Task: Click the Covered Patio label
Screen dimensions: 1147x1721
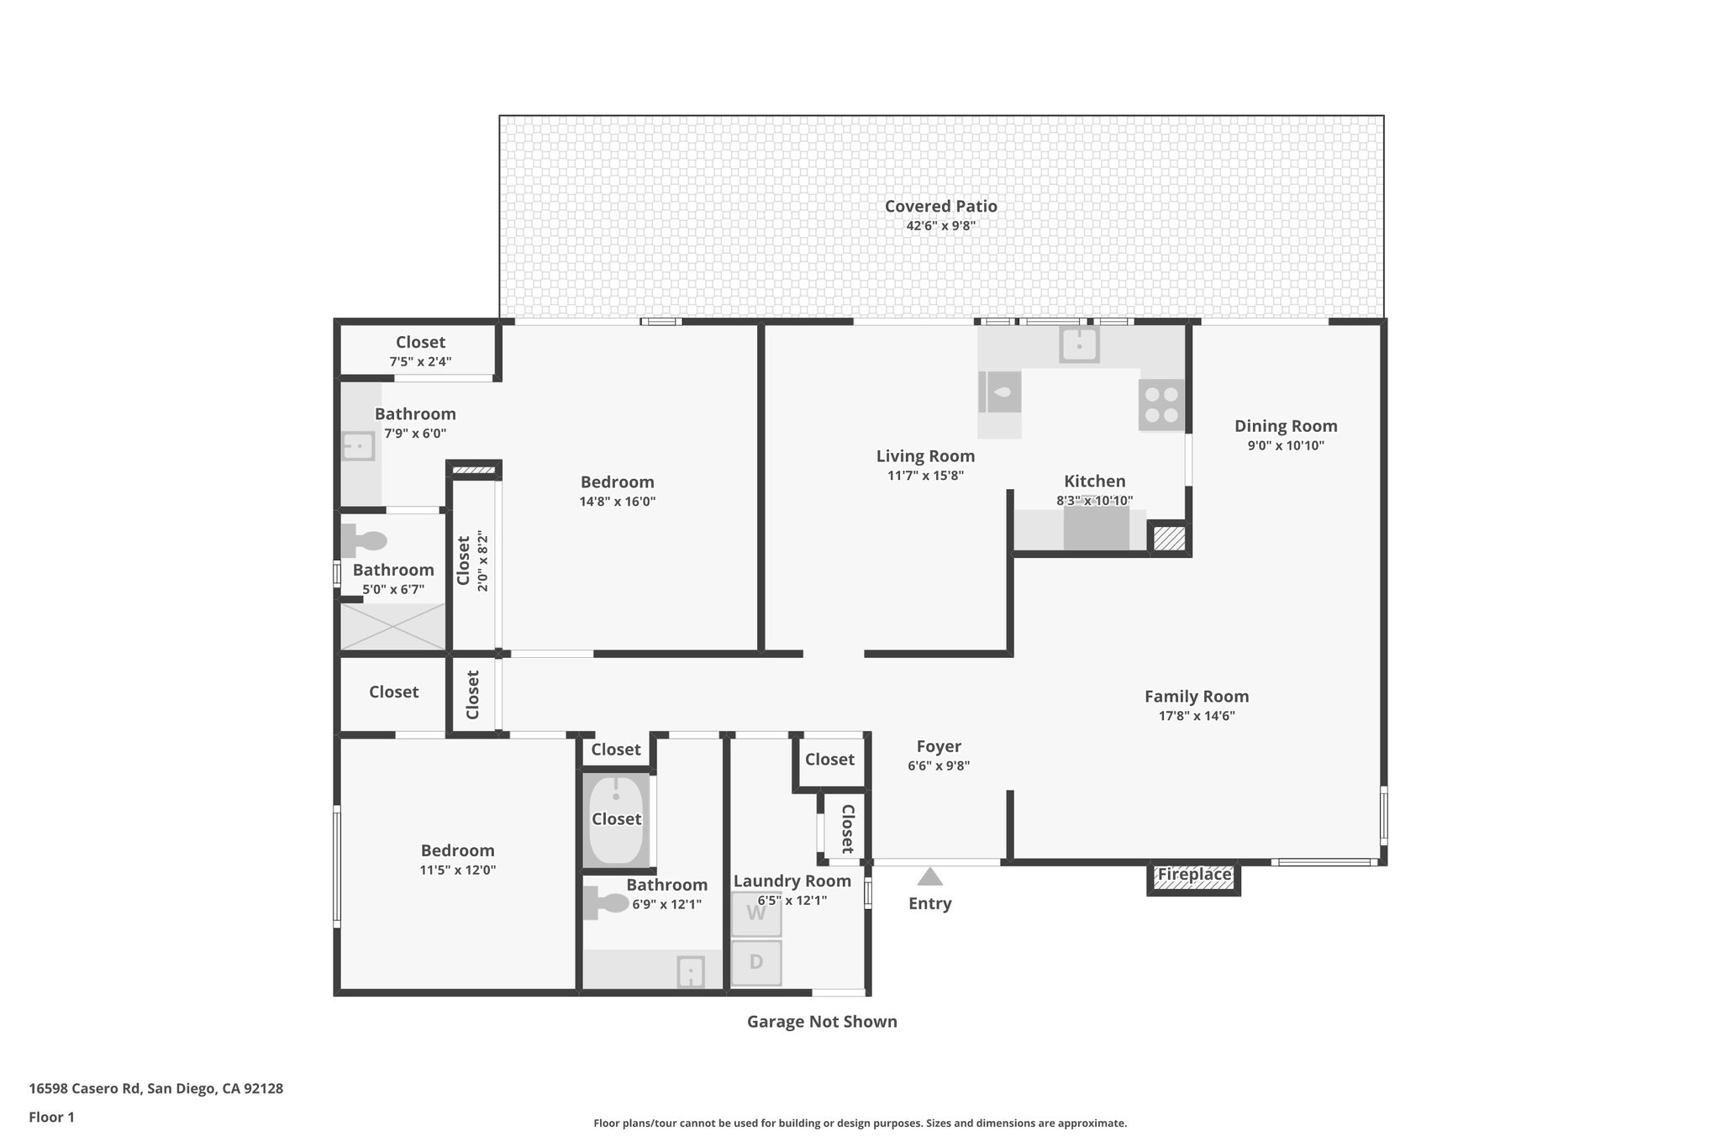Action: (x=940, y=206)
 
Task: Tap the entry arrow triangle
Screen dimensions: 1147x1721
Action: (x=929, y=877)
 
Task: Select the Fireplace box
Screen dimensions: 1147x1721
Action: (x=1193, y=876)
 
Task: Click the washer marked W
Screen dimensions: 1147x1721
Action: (x=755, y=914)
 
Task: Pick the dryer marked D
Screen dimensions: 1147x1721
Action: (x=755, y=962)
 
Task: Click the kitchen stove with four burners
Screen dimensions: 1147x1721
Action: (x=1161, y=405)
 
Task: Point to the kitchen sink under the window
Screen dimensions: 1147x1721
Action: (x=1079, y=345)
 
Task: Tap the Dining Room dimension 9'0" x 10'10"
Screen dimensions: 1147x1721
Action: (x=1285, y=446)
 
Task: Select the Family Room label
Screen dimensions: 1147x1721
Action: (x=1196, y=696)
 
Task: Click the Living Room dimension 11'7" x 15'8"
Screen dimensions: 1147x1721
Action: (x=925, y=476)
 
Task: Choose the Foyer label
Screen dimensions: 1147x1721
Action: (x=939, y=746)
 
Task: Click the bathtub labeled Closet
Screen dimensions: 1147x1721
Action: (x=616, y=820)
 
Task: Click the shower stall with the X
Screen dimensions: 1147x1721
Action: (x=392, y=626)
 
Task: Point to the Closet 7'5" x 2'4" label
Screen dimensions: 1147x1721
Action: (x=420, y=342)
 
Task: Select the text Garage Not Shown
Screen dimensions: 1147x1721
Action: (x=822, y=1022)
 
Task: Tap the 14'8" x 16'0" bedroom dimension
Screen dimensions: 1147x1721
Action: (x=617, y=502)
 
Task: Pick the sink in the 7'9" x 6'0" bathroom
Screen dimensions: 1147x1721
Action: (x=359, y=446)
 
